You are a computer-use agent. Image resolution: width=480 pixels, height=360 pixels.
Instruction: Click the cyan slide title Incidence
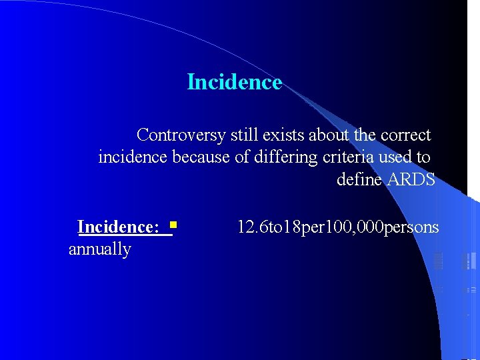tap(235, 82)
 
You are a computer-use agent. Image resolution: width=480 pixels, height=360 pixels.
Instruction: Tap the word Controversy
tap(181, 135)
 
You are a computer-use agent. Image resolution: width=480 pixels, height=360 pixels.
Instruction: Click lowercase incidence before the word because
tap(133, 157)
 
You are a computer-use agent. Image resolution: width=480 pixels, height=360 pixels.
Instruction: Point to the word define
tap(359, 180)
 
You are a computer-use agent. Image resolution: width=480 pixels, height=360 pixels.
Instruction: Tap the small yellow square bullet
tap(172, 225)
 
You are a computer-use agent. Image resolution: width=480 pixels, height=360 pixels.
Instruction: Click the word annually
tap(100, 249)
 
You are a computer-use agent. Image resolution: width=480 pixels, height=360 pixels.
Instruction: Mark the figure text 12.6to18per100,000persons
tap(338, 227)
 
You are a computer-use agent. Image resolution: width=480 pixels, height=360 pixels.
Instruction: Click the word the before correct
tap(365, 135)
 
